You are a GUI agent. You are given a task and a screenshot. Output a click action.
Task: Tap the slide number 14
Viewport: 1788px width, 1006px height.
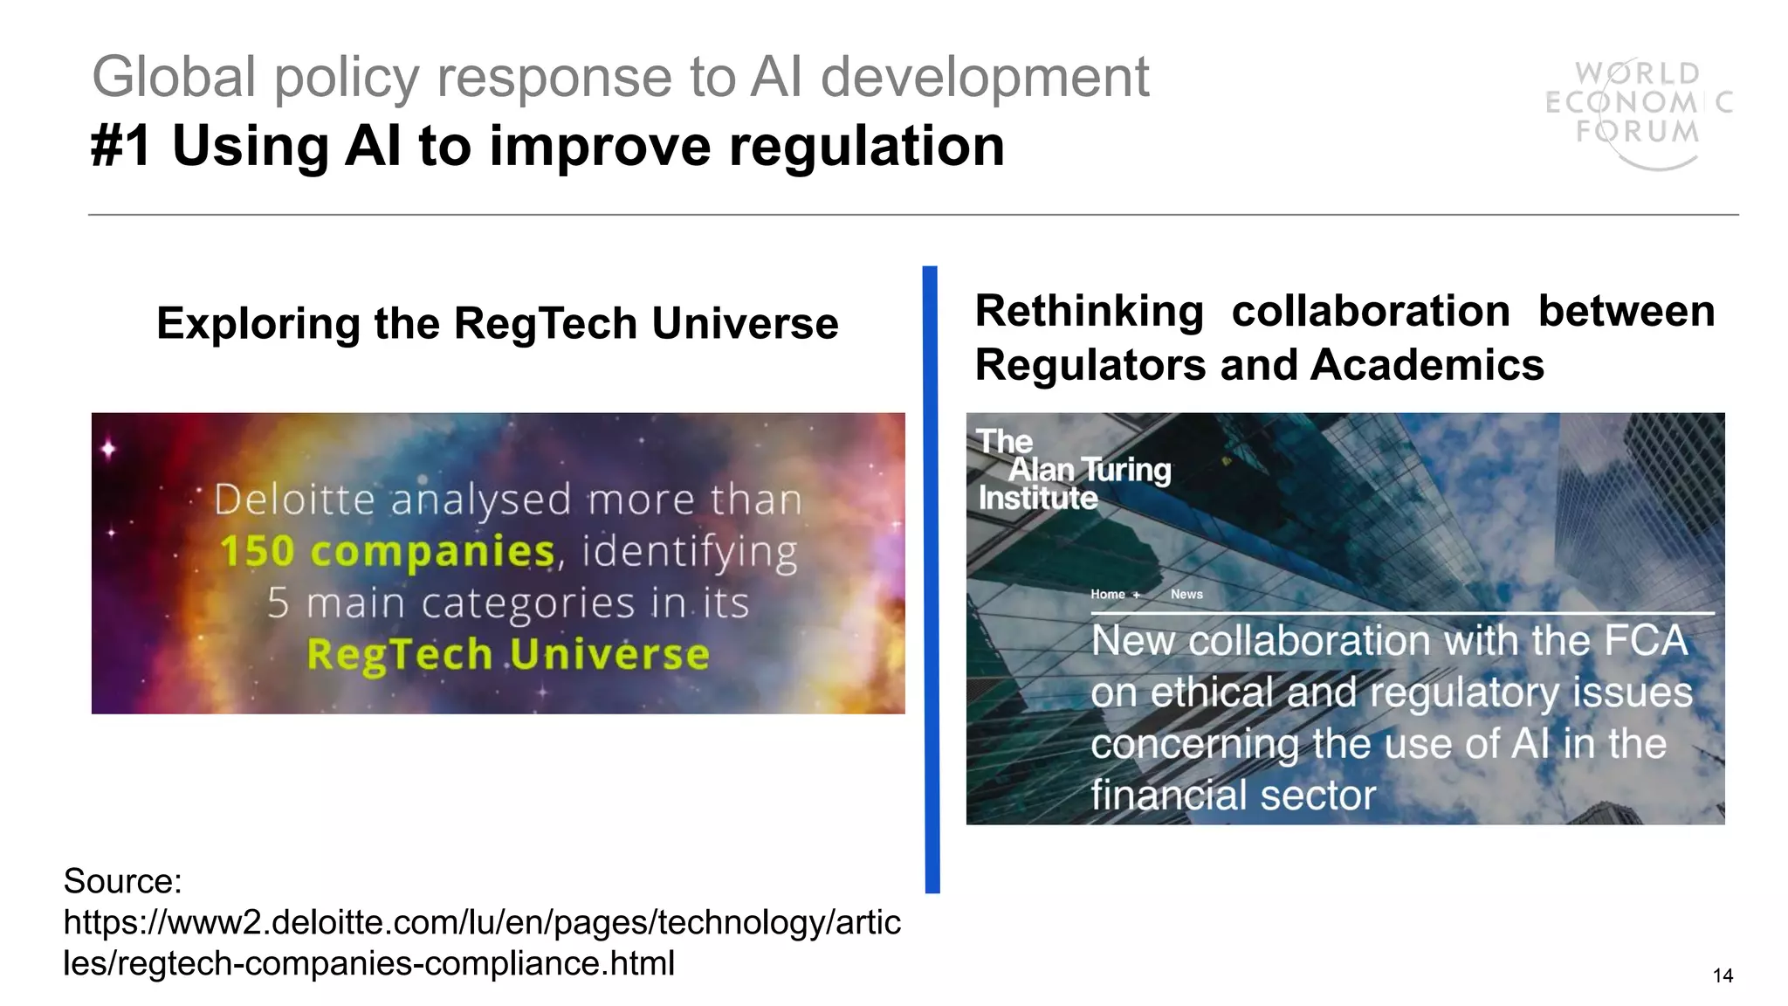click(1723, 975)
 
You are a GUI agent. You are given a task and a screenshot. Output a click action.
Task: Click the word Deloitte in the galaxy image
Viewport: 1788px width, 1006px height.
click(294, 500)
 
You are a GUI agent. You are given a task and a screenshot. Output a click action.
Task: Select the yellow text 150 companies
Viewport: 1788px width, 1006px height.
click(387, 552)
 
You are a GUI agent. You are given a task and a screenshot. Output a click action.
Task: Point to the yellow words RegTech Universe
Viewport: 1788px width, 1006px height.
click(508, 655)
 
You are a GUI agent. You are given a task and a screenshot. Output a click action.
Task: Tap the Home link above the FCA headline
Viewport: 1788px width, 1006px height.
click(1107, 595)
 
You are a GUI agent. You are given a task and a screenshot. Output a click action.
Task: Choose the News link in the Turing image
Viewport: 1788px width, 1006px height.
click(1186, 595)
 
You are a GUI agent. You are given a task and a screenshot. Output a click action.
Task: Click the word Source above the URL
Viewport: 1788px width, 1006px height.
click(121, 881)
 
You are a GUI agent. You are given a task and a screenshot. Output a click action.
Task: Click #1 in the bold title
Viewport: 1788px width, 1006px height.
click(120, 146)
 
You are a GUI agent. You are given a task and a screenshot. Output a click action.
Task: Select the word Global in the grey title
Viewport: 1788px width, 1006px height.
click(174, 77)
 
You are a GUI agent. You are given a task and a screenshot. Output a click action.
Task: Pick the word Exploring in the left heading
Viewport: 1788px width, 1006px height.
click(258, 324)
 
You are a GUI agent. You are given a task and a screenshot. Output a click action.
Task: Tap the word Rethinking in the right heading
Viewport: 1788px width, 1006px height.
click(1089, 312)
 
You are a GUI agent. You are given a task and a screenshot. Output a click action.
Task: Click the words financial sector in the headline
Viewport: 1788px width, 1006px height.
click(1232, 796)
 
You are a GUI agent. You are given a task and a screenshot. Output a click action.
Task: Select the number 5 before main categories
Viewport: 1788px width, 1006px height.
click(278, 603)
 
